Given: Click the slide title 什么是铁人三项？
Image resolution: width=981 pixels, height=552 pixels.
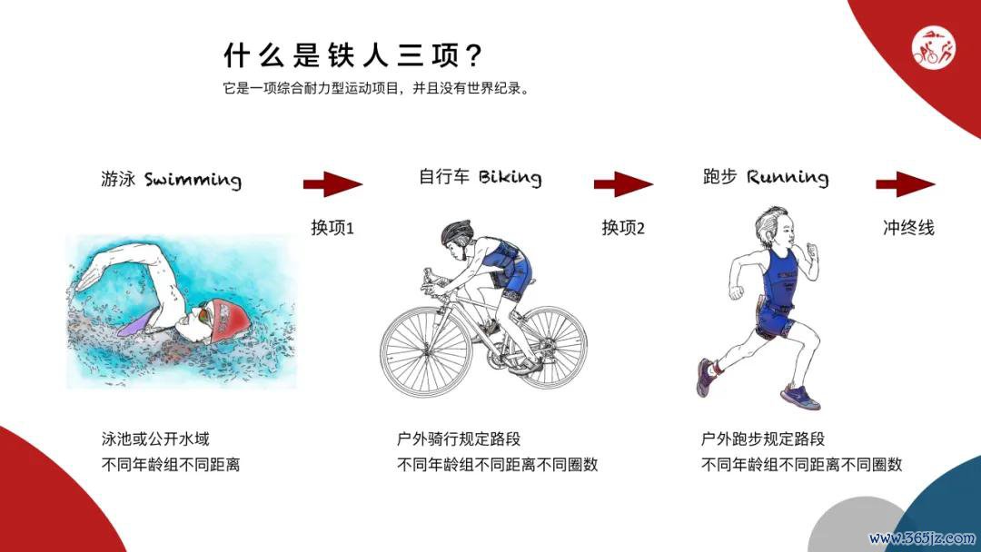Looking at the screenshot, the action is click(352, 55).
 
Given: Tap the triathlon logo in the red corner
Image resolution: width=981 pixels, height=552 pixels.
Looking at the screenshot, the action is click(934, 49).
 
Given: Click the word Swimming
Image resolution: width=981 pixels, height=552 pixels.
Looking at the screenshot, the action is click(193, 180).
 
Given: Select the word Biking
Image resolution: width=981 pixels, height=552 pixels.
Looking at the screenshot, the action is click(510, 178).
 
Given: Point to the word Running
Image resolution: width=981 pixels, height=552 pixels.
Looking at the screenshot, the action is click(788, 178).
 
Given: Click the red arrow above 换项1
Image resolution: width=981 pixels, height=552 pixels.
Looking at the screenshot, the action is click(332, 184).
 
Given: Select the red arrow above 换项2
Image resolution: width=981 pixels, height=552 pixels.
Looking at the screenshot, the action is click(623, 184).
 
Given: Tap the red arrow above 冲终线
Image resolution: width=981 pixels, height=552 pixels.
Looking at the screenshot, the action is click(906, 184).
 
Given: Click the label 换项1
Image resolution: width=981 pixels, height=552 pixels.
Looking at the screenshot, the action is click(332, 228).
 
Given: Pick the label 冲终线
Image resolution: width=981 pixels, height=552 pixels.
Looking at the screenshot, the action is click(908, 228).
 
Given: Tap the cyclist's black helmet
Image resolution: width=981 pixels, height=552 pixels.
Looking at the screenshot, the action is click(457, 232).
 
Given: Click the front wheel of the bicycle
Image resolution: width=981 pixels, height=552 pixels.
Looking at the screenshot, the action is click(426, 350).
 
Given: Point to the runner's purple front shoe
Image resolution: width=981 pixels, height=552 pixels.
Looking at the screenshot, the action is click(800, 397).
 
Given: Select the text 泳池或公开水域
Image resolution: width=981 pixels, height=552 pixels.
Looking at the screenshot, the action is click(155, 439).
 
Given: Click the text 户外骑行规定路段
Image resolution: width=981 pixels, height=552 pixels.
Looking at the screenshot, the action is click(459, 439).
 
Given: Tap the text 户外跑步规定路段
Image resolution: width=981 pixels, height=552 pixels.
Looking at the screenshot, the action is click(763, 439).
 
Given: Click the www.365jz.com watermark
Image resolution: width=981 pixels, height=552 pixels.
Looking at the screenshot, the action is click(922, 537).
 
